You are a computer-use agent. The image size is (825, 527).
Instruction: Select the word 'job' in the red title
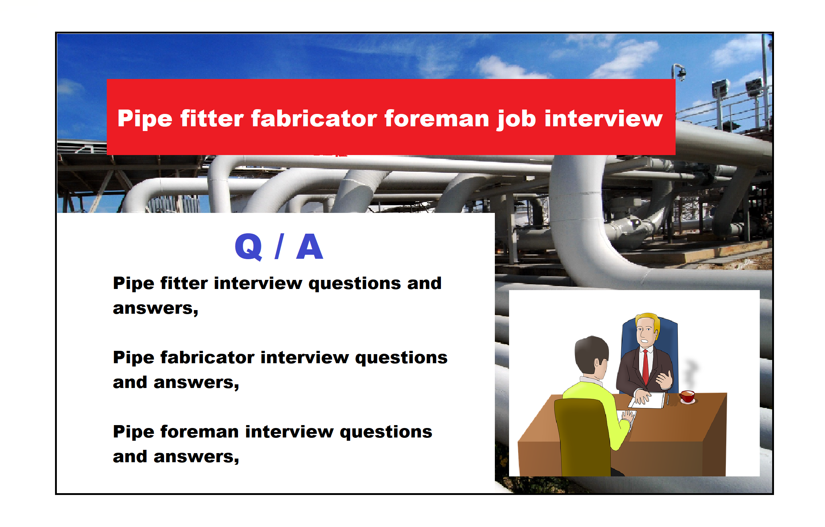(x=516, y=119)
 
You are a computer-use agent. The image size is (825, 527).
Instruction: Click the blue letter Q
(x=249, y=247)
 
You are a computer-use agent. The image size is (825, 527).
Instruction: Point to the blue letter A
(x=310, y=246)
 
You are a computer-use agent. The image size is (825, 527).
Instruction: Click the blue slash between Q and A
(x=279, y=246)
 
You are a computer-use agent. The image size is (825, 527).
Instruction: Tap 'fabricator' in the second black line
(x=207, y=357)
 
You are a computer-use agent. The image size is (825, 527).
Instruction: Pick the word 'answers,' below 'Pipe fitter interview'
(x=156, y=309)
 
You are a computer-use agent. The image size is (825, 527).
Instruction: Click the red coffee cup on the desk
(x=687, y=396)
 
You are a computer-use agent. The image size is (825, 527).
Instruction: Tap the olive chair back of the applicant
(x=582, y=437)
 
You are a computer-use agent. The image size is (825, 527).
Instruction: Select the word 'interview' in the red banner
(x=603, y=119)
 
